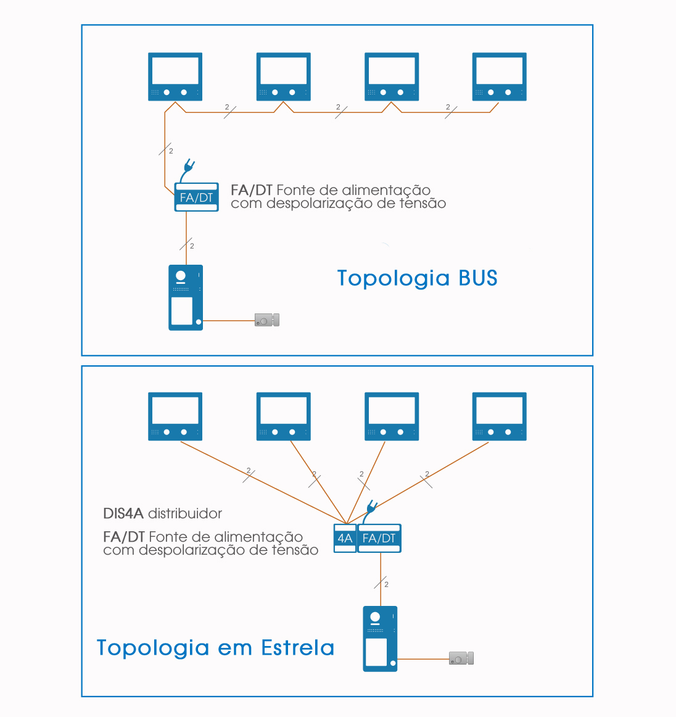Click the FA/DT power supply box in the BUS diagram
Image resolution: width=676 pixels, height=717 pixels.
click(197, 197)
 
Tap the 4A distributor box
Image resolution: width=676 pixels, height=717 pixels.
click(345, 538)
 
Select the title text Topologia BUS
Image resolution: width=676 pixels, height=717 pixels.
click(417, 278)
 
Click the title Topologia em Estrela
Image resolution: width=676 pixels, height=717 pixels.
click(215, 648)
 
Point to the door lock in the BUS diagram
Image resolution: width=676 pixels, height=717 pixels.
click(267, 320)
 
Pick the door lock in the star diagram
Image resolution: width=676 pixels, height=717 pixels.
click(461, 658)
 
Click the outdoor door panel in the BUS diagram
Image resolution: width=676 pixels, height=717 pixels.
click(186, 297)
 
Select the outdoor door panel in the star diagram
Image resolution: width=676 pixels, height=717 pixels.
click(380, 639)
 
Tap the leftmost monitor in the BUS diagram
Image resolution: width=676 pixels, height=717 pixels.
click(175, 77)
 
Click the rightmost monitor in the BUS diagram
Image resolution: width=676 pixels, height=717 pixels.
click(499, 77)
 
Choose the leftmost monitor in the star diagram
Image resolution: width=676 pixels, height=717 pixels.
click(175, 417)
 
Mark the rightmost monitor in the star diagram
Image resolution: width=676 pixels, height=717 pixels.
click(499, 417)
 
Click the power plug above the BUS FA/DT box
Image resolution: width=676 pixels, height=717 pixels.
click(189, 167)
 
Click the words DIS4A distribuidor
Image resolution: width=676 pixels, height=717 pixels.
click(162, 513)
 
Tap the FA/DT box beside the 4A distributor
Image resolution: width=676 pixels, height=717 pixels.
click(379, 538)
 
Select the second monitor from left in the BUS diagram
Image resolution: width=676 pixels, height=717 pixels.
click(283, 77)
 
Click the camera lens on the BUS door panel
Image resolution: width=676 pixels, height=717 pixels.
click(181, 276)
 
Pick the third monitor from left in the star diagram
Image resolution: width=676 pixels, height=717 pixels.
click(392, 417)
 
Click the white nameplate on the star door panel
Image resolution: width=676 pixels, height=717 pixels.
click(376, 652)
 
